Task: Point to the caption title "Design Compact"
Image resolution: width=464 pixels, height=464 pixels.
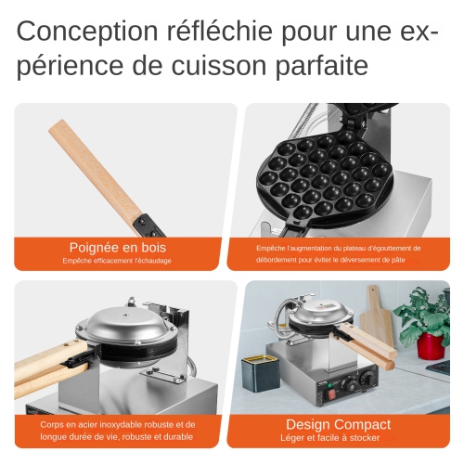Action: coord(338,425)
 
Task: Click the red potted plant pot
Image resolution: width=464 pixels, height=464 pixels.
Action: coord(430,345)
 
